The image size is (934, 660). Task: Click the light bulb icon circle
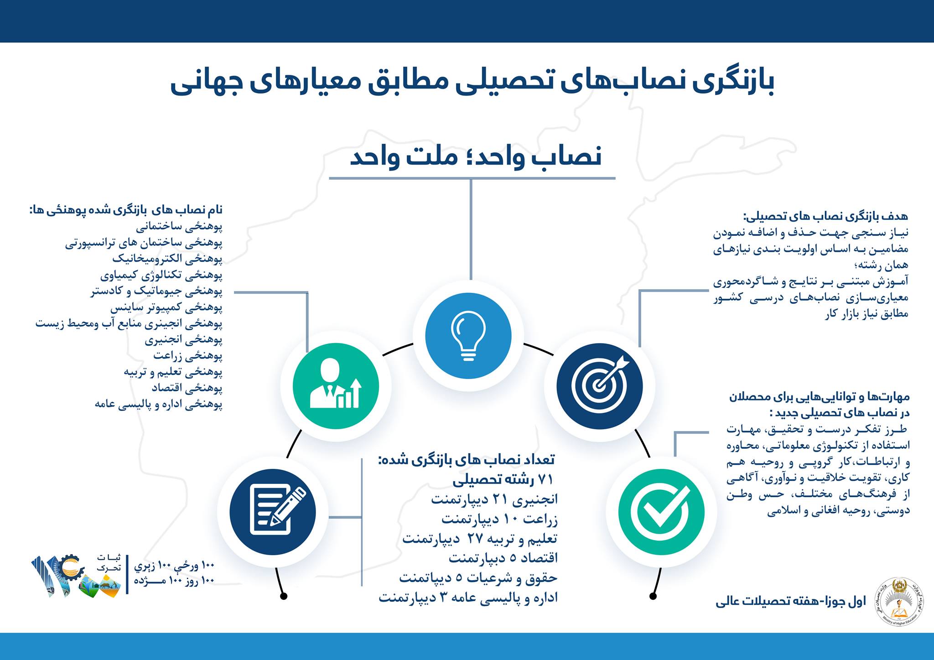pyautogui.click(x=468, y=336)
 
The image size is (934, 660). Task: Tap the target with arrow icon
pyautogui.click(x=599, y=386)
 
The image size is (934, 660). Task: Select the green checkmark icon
pyautogui.click(x=661, y=511)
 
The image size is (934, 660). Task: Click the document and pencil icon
pyautogui.click(x=273, y=511)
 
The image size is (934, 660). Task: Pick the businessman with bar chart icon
pyautogui.click(x=336, y=386)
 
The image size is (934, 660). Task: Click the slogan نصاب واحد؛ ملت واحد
pyautogui.click(x=475, y=156)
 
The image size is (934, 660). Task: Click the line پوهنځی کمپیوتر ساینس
pyautogui.click(x=166, y=308)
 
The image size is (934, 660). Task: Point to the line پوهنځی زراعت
pyautogui.click(x=187, y=355)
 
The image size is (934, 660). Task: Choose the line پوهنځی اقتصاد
pyautogui.click(x=187, y=388)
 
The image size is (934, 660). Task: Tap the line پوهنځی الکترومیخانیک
pyautogui.click(x=167, y=259)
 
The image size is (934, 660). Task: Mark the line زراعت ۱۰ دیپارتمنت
pyautogui.click(x=499, y=519)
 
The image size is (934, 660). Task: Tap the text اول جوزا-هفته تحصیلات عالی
pyautogui.click(x=790, y=602)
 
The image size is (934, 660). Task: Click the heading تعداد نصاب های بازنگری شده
pyautogui.click(x=466, y=459)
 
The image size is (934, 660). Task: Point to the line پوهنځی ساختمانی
pyautogui.click(x=179, y=227)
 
